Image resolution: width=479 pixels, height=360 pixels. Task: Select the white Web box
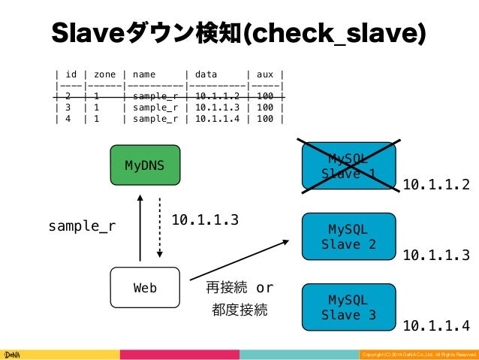point(145,287)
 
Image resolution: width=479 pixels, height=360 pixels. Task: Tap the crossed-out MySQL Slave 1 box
point(348,165)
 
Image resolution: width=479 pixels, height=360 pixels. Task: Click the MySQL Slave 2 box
point(348,236)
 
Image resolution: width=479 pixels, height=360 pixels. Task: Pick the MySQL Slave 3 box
point(348,307)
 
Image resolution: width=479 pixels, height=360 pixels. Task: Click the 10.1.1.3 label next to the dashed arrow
point(205,219)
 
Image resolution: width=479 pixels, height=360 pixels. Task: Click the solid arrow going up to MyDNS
point(140,226)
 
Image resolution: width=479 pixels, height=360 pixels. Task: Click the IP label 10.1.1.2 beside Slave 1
point(436,184)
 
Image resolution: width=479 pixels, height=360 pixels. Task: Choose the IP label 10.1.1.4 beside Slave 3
point(436,325)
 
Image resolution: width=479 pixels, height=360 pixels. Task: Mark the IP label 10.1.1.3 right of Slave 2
point(436,256)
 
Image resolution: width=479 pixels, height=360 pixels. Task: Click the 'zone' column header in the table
point(105,74)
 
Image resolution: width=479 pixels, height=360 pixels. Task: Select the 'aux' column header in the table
point(265,74)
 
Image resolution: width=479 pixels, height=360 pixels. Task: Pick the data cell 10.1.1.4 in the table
point(216,117)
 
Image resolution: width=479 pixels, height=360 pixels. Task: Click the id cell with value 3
point(68,107)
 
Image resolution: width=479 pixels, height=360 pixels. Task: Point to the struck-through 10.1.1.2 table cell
point(216,96)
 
